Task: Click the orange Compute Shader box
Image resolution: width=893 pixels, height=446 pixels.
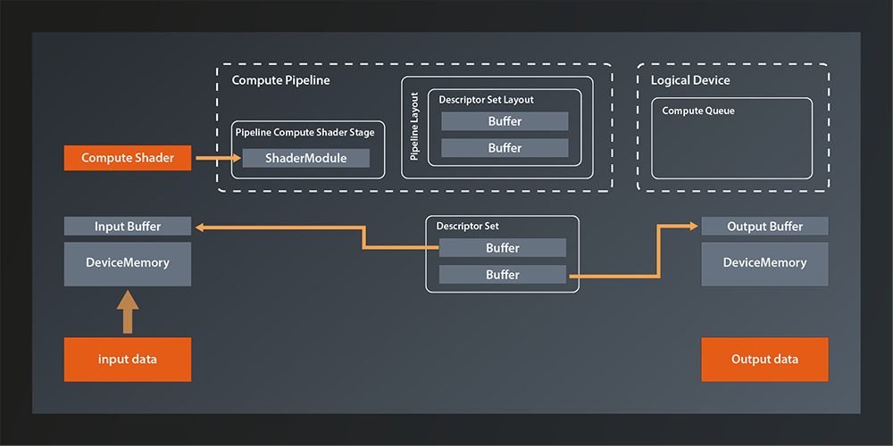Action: (x=127, y=158)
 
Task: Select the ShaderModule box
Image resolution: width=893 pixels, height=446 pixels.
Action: (x=306, y=158)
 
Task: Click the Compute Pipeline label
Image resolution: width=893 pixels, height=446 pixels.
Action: (x=280, y=80)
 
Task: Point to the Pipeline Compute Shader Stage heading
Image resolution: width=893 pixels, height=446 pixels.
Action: (x=305, y=132)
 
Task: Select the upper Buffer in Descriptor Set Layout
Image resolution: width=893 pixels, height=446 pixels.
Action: (x=505, y=121)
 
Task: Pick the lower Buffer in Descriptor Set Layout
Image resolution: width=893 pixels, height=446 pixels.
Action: (x=505, y=148)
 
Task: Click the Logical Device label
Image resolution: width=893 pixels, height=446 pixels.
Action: (x=689, y=80)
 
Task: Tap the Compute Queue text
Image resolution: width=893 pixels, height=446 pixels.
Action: (x=698, y=111)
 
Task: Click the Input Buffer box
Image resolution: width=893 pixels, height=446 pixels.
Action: (x=128, y=227)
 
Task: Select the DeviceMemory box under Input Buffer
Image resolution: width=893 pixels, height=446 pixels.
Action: (x=128, y=263)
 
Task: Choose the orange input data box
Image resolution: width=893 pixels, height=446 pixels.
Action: (x=128, y=359)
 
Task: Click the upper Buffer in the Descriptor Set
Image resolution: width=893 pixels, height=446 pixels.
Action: (x=503, y=248)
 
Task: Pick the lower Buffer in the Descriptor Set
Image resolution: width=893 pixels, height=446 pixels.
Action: (x=503, y=275)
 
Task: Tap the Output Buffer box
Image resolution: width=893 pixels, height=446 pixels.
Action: (x=764, y=227)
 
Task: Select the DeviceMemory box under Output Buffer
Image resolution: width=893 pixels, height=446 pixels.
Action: (x=764, y=263)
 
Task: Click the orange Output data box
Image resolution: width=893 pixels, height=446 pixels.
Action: (x=764, y=359)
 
